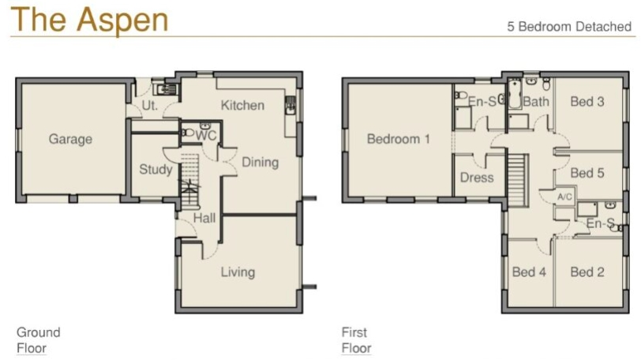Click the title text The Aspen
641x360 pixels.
coord(90,20)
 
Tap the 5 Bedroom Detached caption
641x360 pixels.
coord(569,27)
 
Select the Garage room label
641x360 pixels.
coord(70,139)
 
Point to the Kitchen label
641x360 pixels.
coord(242,106)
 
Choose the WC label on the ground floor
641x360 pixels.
coord(206,136)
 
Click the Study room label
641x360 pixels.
coord(156,169)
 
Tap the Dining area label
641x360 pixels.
coord(260,163)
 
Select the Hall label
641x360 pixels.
coord(205,217)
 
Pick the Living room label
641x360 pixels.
coord(238,272)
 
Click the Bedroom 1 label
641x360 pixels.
coord(398,139)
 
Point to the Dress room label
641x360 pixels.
coord(477,178)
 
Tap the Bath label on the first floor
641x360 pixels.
coord(536,102)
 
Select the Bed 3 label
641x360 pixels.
coord(587,102)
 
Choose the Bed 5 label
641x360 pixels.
coord(587,173)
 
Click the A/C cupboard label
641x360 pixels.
coord(564,196)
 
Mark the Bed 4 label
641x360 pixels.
coord(529,272)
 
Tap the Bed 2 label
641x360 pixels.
coord(587,272)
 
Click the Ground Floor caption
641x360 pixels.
coord(38,340)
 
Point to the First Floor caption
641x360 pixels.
coord(356,340)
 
